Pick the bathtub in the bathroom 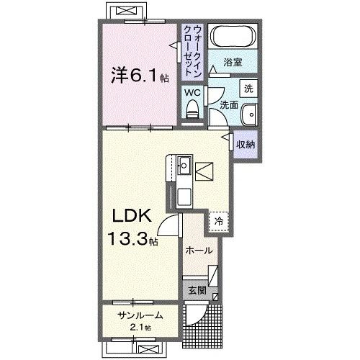coord(230,37)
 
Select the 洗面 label coord(228,105)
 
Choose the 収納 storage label coord(246,144)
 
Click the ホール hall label coord(199,251)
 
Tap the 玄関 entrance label coord(197,291)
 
